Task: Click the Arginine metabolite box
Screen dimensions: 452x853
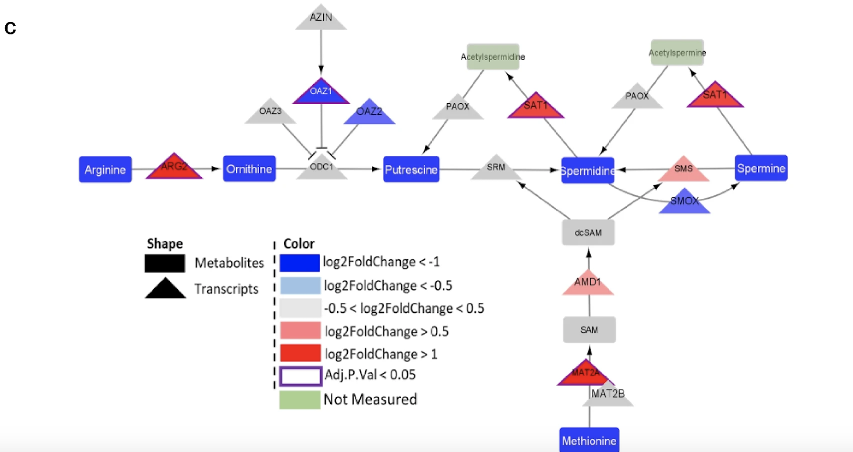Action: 105,169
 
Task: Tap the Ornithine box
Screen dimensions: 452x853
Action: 249,169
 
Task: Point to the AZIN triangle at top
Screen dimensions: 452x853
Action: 321,19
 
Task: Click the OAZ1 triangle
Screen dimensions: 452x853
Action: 321,93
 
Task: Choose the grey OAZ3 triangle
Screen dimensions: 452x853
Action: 270,113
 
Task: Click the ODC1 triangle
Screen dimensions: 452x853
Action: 322,169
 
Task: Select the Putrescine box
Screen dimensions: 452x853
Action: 411,169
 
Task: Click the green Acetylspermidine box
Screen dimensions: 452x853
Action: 493,56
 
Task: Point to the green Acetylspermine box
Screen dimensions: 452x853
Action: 677,52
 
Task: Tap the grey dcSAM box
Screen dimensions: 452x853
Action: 588,232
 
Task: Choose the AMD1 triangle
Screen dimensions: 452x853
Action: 587,284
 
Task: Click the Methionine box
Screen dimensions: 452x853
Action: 589,440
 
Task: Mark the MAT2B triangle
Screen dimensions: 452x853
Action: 608,396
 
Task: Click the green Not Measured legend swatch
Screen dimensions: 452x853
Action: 300,400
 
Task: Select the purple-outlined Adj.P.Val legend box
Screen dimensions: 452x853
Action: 301,376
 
